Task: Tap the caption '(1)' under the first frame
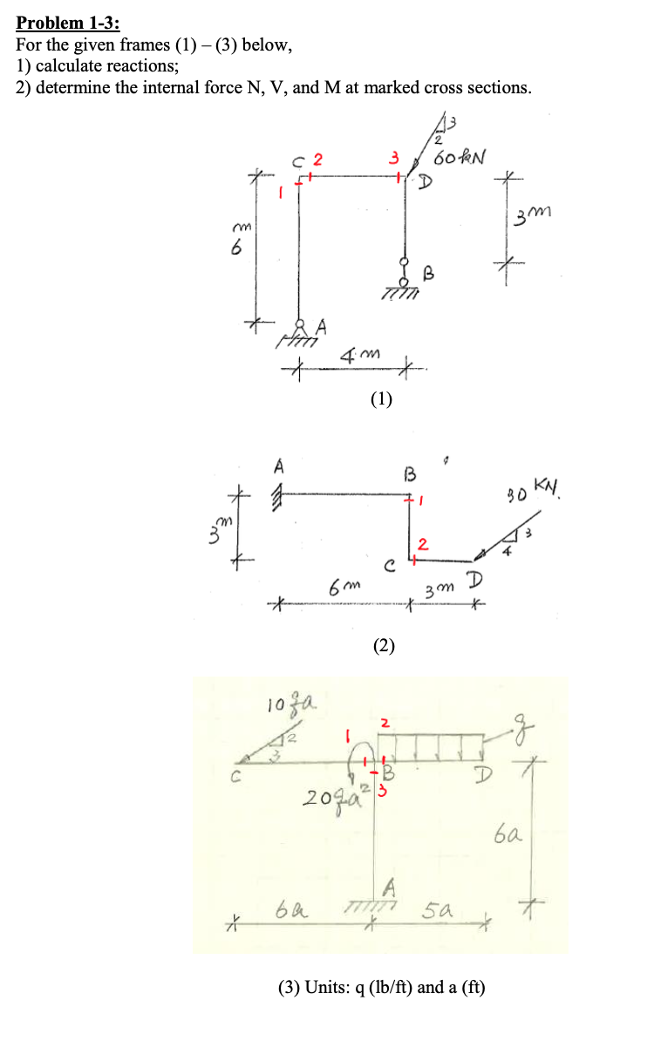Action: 381,400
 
